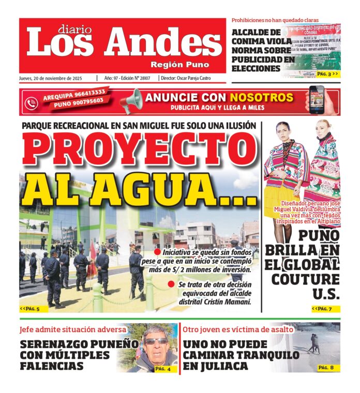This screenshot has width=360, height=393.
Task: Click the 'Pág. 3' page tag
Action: coord(327,74)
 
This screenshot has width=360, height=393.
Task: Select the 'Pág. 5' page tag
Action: coord(30,309)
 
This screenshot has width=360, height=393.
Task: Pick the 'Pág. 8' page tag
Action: coord(326,368)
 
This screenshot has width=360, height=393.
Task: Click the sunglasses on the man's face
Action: coord(156,342)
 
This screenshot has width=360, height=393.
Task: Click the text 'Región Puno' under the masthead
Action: coord(180,65)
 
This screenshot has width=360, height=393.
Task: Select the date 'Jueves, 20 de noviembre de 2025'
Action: coord(51,79)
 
